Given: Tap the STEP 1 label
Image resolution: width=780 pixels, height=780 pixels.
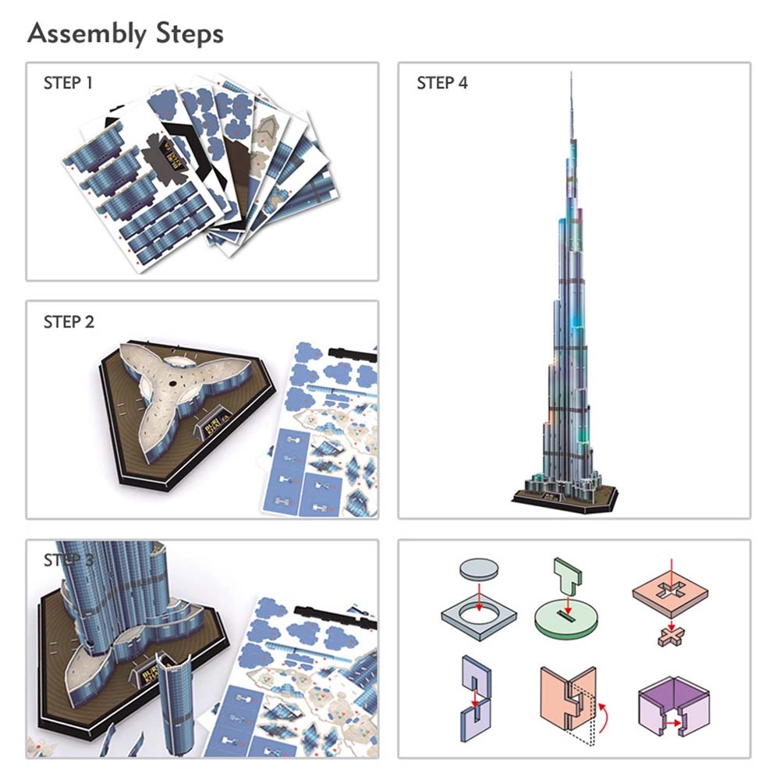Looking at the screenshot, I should click(68, 83).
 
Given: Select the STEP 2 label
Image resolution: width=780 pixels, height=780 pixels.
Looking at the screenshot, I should click(69, 321).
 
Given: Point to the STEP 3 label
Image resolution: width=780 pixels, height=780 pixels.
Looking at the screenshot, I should click(69, 560).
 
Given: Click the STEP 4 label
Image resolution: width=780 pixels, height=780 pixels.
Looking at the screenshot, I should click(442, 83).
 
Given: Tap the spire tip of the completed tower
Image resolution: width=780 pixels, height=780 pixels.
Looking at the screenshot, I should click(572, 74).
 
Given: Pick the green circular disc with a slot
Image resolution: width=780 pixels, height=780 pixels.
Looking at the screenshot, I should click(568, 622).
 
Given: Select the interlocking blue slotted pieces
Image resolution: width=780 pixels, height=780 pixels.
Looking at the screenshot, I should click(475, 694).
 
